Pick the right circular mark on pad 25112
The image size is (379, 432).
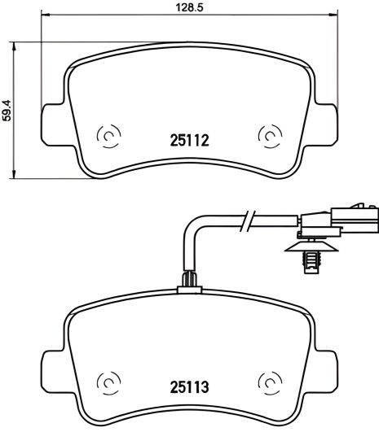tap(268, 136)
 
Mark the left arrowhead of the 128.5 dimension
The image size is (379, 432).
tap(43, 15)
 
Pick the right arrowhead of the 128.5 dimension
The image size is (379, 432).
tap(333, 15)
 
